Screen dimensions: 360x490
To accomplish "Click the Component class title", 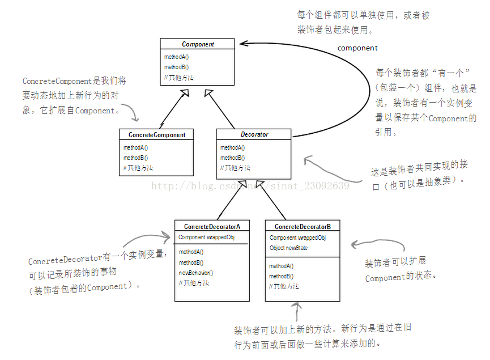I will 198,44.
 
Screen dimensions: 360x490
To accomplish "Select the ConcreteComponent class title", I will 156,135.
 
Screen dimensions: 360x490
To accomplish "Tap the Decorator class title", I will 254,135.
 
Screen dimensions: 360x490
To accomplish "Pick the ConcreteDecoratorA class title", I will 212,226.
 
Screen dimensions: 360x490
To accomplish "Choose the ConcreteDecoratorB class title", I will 302,226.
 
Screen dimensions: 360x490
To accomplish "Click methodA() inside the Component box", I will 177,57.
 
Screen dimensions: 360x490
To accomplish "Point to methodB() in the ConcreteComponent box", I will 136,158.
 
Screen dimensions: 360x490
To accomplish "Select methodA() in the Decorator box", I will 233,148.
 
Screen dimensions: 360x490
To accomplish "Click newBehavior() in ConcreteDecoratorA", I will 196,273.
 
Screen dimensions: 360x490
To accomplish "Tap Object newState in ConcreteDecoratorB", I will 289,248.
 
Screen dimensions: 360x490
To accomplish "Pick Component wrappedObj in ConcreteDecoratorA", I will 206,238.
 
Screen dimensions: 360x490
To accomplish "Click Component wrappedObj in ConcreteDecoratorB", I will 297,238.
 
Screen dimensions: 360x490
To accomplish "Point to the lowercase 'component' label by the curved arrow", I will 357,48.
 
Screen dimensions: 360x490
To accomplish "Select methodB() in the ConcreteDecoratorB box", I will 281,276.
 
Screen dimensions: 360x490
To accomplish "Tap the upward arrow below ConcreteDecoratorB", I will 295,311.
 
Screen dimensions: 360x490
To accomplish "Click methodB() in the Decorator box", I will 233,158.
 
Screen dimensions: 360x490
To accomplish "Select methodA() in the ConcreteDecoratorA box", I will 191,252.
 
